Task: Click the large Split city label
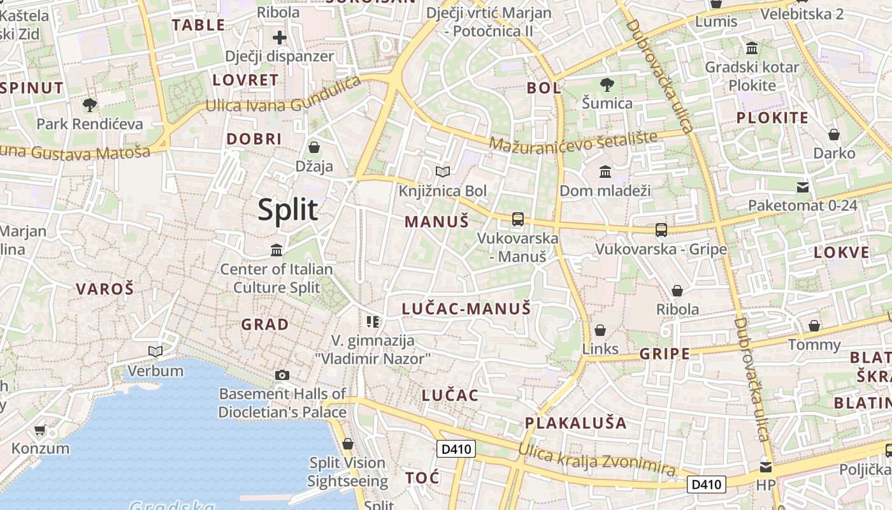pos(287,210)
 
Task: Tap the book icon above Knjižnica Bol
pos(442,171)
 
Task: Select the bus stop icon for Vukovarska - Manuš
pos(517,219)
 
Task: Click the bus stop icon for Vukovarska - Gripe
pos(661,229)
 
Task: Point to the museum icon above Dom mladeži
pos(605,171)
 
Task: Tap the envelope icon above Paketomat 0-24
pos(802,187)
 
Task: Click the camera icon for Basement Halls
pos(282,375)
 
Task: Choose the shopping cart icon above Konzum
pos(40,430)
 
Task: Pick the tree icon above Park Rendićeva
pos(89,105)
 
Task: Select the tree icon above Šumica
pos(607,84)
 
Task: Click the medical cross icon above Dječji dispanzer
pos(279,38)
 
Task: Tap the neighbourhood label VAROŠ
pos(105,289)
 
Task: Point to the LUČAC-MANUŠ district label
pos(466,309)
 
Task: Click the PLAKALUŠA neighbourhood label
pos(575,423)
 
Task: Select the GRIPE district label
pos(665,353)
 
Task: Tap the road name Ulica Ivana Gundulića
pos(282,99)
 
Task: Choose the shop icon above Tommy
pos(814,326)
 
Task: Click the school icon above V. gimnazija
pos(373,321)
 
